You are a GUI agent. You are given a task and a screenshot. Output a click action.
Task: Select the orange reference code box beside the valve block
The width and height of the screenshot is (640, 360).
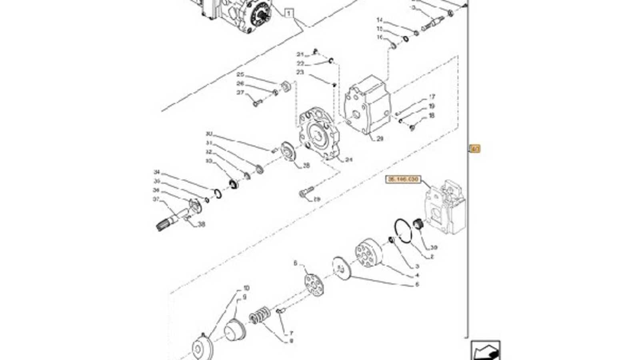pyautogui.click(x=403, y=180)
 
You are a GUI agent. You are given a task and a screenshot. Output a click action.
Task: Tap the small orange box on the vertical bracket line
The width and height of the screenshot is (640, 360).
pyautogui.click(x=474, y=149)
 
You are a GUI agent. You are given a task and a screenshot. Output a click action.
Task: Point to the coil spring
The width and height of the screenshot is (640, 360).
pyautogui.click(x=260, y=315)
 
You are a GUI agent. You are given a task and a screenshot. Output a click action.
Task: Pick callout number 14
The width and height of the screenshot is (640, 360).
pyautogui.click(x=380, y=20)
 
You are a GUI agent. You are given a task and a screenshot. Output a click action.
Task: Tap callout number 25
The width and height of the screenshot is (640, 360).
pyautogui.click(x=240, y=74)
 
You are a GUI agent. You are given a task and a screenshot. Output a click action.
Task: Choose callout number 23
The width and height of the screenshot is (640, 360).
pyautogui.click(x=300, y=72)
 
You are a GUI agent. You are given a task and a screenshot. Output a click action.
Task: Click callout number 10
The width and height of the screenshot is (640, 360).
pyautogui.click(x=246, y=288)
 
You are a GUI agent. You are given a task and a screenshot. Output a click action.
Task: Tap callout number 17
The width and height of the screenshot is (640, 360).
pyautogui.click(x=432, y=97)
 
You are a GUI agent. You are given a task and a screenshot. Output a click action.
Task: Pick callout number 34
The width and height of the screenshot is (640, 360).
pyautogui.click(x=157, y=172)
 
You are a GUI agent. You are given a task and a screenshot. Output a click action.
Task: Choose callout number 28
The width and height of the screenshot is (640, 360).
pyautogui.click(x=306, y=165)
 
